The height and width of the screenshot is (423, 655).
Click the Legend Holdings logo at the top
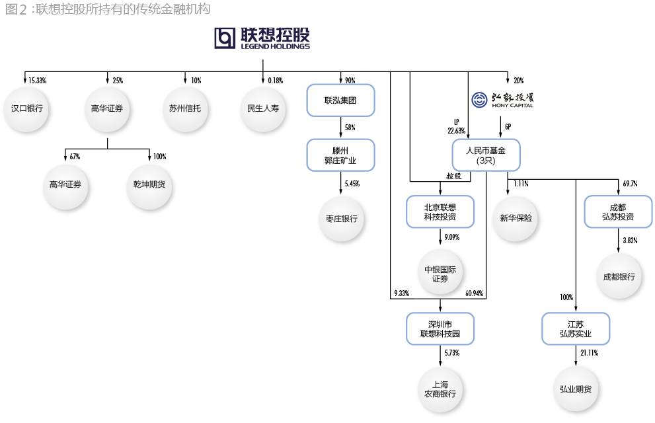coord(262,38)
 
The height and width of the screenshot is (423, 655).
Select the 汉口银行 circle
coord(27,108)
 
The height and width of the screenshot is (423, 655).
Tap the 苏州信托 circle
coord(186,108)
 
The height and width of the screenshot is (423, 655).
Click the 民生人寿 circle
coord(263,108)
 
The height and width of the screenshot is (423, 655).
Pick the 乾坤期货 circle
coord(149,184)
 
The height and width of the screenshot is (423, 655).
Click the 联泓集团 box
coord(340,100)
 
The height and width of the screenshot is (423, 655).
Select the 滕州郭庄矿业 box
coord(340,155)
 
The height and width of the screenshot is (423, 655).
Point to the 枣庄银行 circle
coord(340,217)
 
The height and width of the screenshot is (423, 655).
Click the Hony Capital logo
coord(502,100)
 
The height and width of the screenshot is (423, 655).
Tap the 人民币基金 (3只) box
coord(486,155)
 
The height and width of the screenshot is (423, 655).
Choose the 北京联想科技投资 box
coord(440,211)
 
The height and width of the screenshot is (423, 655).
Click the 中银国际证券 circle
coord(440,274)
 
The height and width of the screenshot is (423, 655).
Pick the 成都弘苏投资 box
coord(618,211)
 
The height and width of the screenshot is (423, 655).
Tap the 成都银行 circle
coord(619,277)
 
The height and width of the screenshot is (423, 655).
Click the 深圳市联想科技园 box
coord(440,328)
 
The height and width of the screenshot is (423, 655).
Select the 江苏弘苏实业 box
coord(576,328)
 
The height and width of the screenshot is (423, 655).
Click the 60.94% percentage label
coord(473,292)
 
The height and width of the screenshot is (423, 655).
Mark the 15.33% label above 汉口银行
coord(37,81)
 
